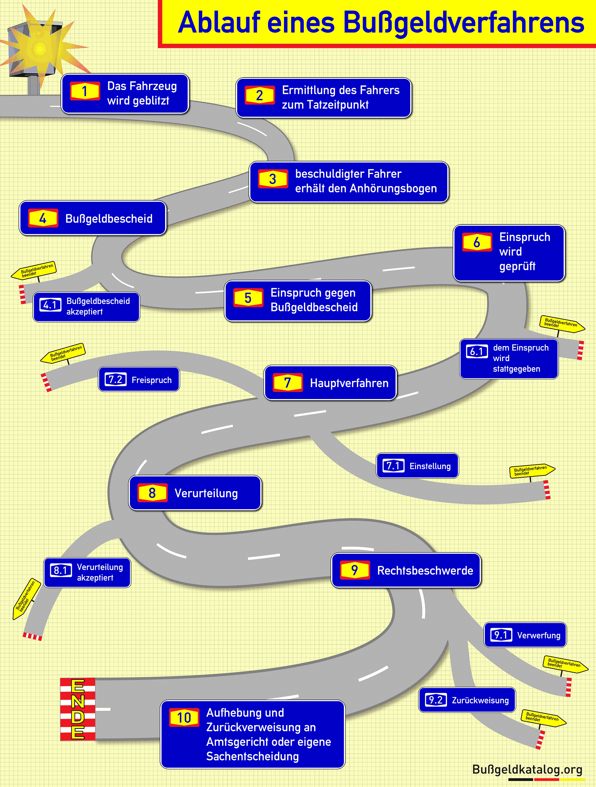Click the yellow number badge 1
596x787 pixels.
pyautogui.click(x=85, y=91)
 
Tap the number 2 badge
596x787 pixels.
pyautogui.click(x=259, y=95)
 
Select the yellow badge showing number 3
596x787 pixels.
pyautogui.click(x=273, y=179)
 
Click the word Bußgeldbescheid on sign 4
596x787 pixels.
pyautogui.click(x=109, y=218)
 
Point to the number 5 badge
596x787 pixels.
pyautogui.click(x=248, y=298)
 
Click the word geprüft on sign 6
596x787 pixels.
pyautogui.click(x=517, y=266)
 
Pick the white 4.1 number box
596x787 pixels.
pyautogui.click(x=50, y=305)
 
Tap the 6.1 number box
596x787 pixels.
pyautogui.click(x=477, y=352)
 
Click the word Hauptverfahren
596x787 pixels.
pyautogui.click(x=349, y=383)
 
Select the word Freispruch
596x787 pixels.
pyautogui.click(x=152, y=380)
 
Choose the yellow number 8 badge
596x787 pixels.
pyautogui.click(x=152, y=493)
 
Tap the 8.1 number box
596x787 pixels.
pyautogui.click(x=60, y=570)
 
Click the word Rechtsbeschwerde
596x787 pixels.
pyautogui.click(x=425, y=571)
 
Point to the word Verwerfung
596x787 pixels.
pyautogui.click(x=538, y=635)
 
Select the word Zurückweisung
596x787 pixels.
pyautogui.click(x=480, y=700)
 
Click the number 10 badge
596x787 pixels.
pyautogui.click(x=184, y=718)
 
